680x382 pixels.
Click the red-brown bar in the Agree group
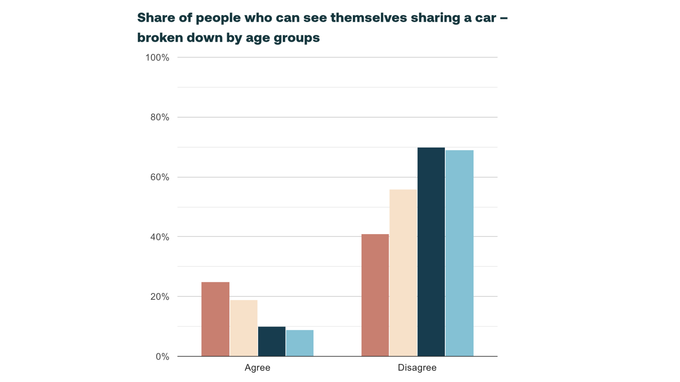point(215,319)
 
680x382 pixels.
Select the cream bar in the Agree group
point(243,328)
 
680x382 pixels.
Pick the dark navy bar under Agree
point(272,341)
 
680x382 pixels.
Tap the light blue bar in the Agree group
point(300,343)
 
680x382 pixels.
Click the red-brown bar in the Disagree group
point(375,295)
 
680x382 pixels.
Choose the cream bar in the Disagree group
point(403,273)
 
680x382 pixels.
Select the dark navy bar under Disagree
point(431,252)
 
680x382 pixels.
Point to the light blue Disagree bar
point(459,253)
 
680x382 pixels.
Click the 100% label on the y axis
point(157,58)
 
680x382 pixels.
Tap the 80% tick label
point(159,117)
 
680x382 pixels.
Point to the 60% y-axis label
point(159,177)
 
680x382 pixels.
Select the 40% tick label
point(159,237)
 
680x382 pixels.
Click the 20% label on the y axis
point(159,297)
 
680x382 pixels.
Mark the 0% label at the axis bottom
point(162,357)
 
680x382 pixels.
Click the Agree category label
point(257,368)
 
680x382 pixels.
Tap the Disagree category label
point(417,368)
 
